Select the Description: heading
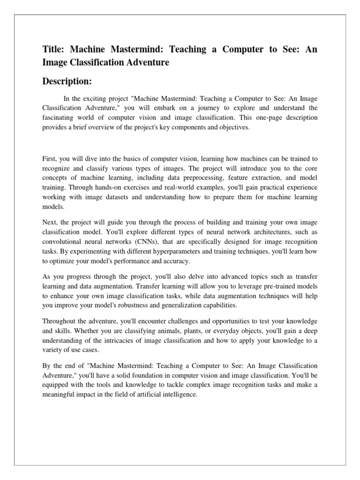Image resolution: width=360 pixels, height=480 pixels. pos(67,82)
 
